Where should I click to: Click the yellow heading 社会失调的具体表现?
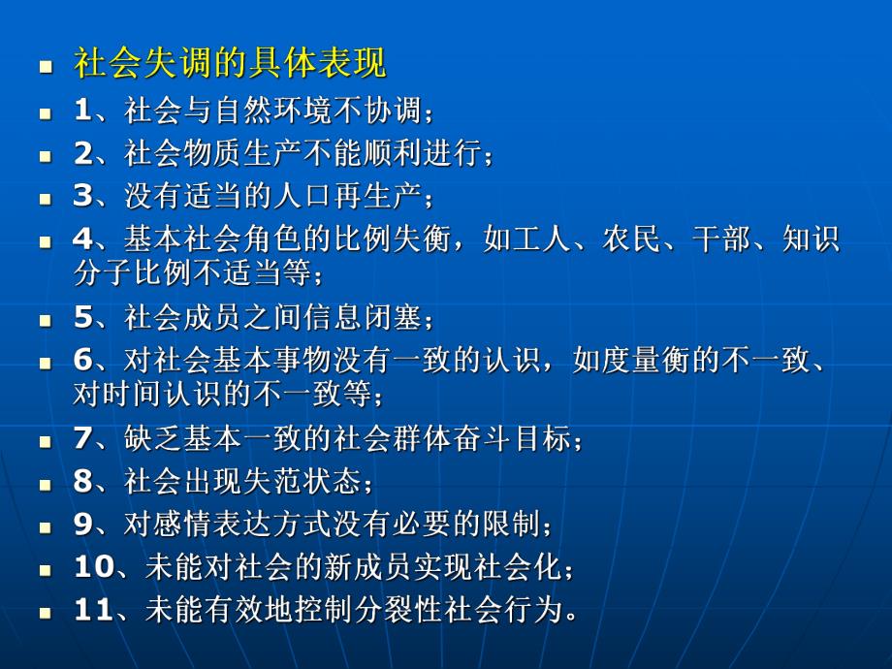pos(230,64)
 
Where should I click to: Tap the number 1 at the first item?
pos(82,111)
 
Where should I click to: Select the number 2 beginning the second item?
pos(82,152)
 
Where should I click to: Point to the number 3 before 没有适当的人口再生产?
pos(82,195)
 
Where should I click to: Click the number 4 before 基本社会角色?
pos(82,239)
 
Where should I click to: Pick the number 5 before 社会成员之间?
pos(82,316)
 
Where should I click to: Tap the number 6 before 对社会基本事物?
pos(82,360)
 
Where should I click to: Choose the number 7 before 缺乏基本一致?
pos(82,438)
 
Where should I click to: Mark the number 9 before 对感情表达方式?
pos(82,524)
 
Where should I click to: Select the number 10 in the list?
pos(93,566)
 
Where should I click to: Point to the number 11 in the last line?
pos(93,609)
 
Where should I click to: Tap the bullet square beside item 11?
pos(45,613)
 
